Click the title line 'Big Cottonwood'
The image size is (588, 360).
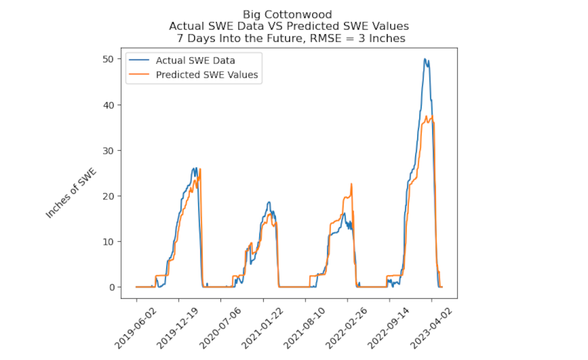287,14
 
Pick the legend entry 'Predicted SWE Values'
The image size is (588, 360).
207,74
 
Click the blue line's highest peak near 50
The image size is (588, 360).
424,59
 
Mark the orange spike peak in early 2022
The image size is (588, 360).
351,184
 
